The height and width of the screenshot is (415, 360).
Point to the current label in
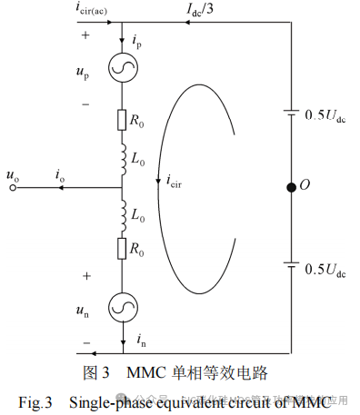pyautogui.click(x=139, y=340)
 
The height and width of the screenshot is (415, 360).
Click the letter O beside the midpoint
pyautogui.click(x=305, y=185)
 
